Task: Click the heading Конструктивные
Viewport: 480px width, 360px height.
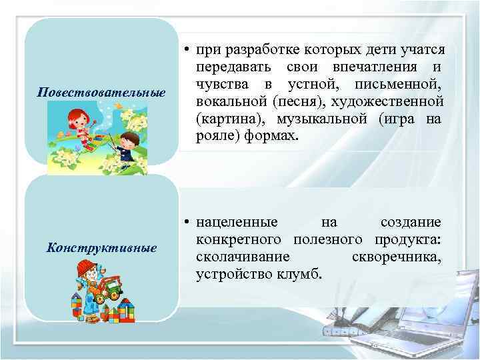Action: (101, 248)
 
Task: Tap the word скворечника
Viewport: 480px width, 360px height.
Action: (395, 257)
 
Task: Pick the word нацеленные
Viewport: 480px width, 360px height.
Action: (239, 222)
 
